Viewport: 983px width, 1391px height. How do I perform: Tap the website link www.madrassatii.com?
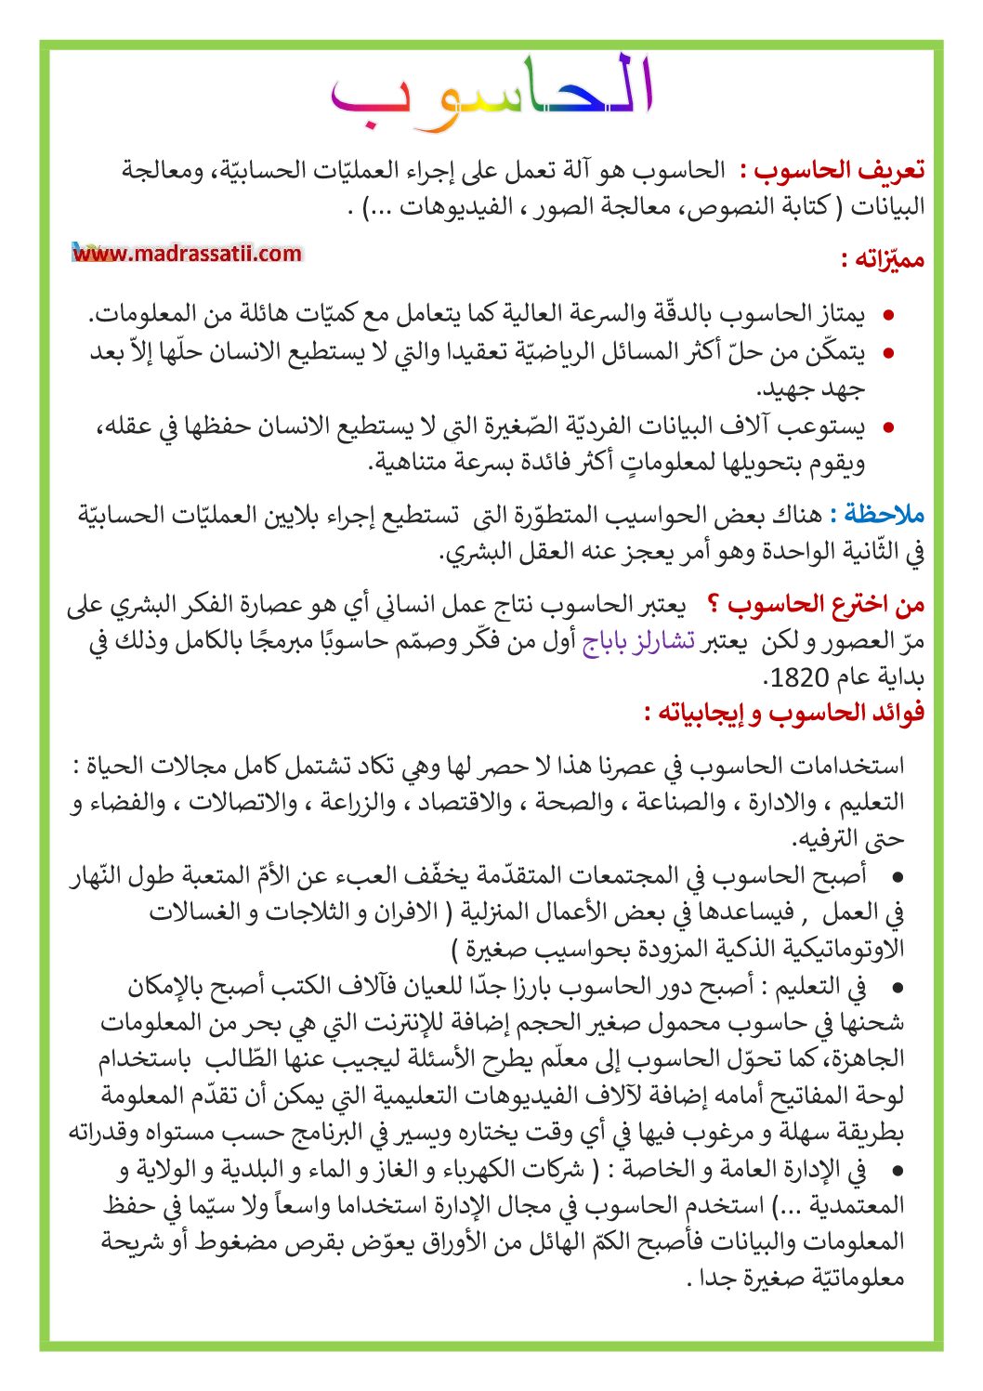pyautogui.click(x=188, y=253)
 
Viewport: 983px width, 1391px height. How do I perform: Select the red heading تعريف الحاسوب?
pyautogui.click(x=839, y=171)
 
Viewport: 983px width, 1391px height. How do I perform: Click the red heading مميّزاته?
pyautogui.click(x=883, y=259)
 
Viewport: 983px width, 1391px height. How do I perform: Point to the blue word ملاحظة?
pyautogui.click(x=877, y=515)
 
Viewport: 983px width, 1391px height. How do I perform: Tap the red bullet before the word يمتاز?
pyautogui.click(x=888, y=316)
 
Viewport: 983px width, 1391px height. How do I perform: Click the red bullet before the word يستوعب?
pyautogui.click(x=888, y=428)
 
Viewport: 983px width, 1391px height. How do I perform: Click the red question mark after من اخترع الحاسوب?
pyautogui.click(x=713, y=605)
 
